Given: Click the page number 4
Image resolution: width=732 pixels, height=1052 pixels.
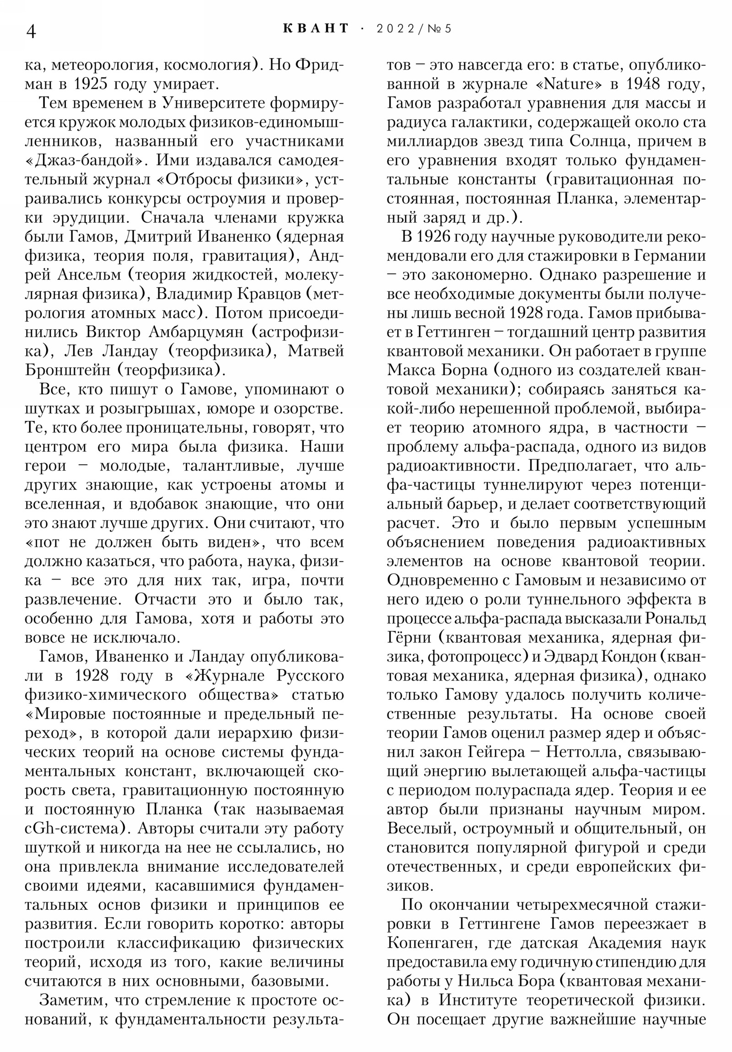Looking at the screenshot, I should [x=31, y=32].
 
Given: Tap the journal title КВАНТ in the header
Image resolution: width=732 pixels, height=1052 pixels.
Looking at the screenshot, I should [x=316, y=28].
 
